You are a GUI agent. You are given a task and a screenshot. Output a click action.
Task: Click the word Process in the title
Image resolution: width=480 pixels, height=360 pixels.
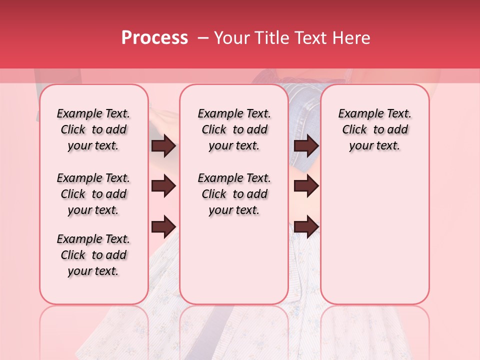[x=154, y=38]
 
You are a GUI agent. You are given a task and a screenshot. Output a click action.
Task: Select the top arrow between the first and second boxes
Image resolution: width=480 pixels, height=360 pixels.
[x=163, y=146]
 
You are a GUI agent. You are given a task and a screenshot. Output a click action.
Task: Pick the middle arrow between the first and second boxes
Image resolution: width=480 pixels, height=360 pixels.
[x=163, y=186]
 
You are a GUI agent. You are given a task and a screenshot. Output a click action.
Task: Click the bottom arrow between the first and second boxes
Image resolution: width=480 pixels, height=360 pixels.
[x=163, y=227]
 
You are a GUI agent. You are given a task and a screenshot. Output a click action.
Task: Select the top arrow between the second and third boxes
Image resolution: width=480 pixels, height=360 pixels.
[x=306, y=146]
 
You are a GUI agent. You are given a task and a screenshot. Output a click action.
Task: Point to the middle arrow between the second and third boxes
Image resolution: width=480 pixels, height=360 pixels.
[x=306, y=186]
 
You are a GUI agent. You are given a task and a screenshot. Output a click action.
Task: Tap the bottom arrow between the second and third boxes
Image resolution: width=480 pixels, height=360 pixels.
[x=306, y=227]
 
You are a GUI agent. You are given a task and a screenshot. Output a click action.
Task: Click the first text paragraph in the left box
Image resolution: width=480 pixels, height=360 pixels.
[x=93, y=129]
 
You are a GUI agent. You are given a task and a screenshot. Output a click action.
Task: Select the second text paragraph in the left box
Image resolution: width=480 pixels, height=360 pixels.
[x=93, y=194]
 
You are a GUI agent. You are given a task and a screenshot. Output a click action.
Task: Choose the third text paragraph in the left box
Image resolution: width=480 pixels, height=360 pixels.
[x=93, y=255]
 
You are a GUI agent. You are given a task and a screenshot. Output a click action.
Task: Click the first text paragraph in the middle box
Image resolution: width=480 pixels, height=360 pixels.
[x=234, y=129]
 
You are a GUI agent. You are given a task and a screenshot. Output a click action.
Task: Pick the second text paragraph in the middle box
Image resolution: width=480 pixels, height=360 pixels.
[x=234, y=194]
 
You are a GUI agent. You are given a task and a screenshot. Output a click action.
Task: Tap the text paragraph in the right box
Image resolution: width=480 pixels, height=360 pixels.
[x=375, y=129]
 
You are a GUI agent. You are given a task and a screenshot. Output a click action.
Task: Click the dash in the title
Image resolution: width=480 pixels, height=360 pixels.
[x=203, y=38]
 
